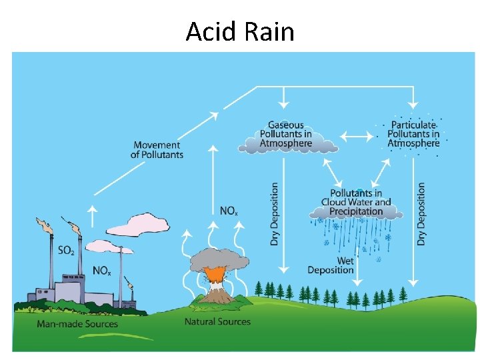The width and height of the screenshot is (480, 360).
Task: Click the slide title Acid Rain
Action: pyautogui.click(x=240, y=31)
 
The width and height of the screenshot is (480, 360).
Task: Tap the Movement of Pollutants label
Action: pyautogui.click(x=157, y=150)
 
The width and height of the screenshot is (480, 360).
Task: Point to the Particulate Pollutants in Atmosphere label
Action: pyautogui.click(x=414, y=134)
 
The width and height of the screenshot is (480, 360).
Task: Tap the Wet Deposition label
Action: pyautogui.click(x=331, y=265)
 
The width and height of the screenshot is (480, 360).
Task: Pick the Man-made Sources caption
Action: pyautogui.click(x=77, y=324)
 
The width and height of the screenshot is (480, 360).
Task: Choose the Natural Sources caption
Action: pyautogui.click(x=217, y=321)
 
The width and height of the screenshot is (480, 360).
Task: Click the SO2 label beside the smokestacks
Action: pyautogui.click(x=66, y=251)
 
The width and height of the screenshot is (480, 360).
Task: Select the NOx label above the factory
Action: pyautogui.click(x=101, y=270)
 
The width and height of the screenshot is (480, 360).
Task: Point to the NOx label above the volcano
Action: pyautogui.click(x=228, y=211)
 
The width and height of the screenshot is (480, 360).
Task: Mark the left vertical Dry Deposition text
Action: pyautogui.click(x=275, y=214)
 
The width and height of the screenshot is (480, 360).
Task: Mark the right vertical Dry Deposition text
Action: pyautogui.click(x=421, y=214)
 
